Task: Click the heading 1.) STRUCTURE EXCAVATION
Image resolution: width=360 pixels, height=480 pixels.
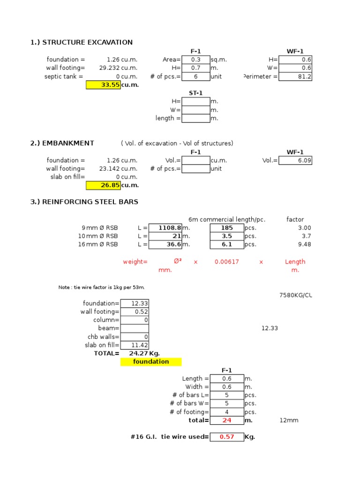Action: [x=82, y=43]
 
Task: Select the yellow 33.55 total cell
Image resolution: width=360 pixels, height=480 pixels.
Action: [x=103, y=85]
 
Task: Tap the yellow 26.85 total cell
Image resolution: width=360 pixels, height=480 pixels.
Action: [x=103, y=185]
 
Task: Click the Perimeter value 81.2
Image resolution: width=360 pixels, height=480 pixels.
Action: [x=295, y=76]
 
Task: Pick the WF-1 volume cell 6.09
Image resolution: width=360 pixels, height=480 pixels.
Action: [x=295, y=160]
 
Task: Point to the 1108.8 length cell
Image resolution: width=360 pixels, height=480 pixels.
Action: [x=165, y=228]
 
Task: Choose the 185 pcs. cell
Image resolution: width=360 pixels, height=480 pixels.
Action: [x=226, y=228]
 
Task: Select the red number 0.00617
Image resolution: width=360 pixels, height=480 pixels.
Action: [x=227, y=262]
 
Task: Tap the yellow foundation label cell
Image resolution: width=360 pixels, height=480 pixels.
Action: [x=151, y=362]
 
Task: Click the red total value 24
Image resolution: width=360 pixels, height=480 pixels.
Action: [x=227, y=420]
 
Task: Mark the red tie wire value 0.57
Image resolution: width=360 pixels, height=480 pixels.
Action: [x=227, y=437]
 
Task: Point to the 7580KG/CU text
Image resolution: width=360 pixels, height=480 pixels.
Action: [x=295, y=295]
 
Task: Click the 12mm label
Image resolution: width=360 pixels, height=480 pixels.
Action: [x=289, y=420]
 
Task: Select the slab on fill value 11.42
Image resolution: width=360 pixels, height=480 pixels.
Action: [x=135, y=345]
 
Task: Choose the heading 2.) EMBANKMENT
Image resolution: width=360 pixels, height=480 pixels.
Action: [x=62, y=143]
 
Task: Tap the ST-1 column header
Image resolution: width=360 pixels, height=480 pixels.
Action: [x=195, y=93]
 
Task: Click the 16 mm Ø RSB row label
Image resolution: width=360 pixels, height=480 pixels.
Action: [x=99, y=244]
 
